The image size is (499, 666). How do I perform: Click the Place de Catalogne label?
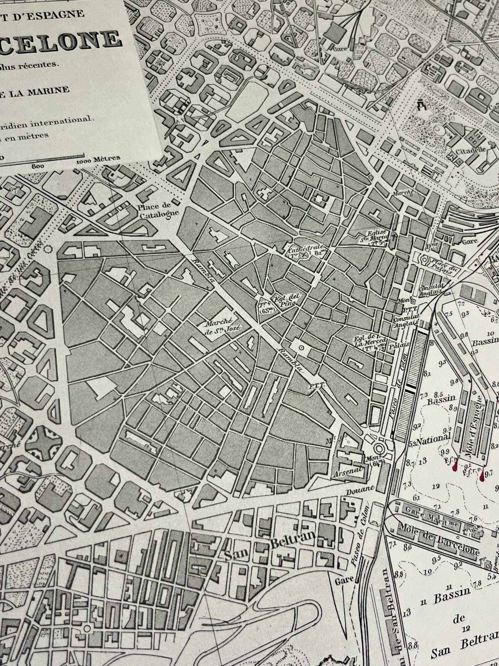[159, 210]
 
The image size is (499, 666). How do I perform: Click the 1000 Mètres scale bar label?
[98, 159]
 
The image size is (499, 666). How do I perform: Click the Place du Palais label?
[441, 269]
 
